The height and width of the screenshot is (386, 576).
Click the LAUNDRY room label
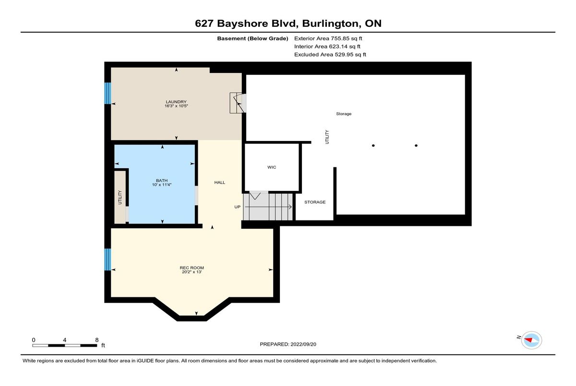[x=176, y=102]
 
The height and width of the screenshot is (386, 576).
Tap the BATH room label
[x=162, y=181]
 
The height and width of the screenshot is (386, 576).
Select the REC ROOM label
[x=192, y=268]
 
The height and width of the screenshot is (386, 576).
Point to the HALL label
[x=220, y=182]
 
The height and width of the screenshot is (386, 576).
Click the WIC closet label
[x=272, y=167]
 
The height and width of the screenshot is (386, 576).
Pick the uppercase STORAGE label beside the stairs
[x=315, y=202]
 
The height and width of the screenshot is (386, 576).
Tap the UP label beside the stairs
[x=237, y=207]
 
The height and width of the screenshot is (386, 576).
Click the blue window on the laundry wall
[x=108, y=93]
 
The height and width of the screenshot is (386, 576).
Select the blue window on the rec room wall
[x=108, y=259]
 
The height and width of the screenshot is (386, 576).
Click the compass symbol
[x=531, y=340]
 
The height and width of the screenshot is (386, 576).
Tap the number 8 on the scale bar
[x=97, y=340]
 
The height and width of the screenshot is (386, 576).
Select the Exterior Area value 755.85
[x=339, y=38]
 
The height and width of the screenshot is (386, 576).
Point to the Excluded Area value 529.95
[x=343, y=55]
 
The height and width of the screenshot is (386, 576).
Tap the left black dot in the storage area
[x=373, y=146]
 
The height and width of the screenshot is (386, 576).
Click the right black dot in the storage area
[x=416, y=146]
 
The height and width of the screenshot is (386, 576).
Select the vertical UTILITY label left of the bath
[x=120, y=197]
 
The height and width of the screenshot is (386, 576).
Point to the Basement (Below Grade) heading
[x=252, y=38]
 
